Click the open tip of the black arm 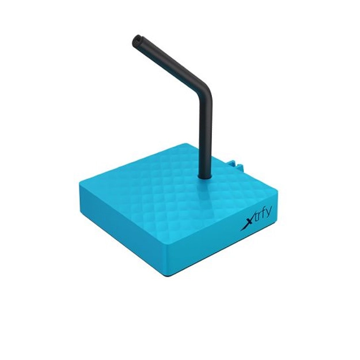point(137,40)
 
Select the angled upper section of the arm point(170,64)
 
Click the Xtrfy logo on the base point(257,221)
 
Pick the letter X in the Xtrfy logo point(245,225)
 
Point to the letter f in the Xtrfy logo point(263,218)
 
